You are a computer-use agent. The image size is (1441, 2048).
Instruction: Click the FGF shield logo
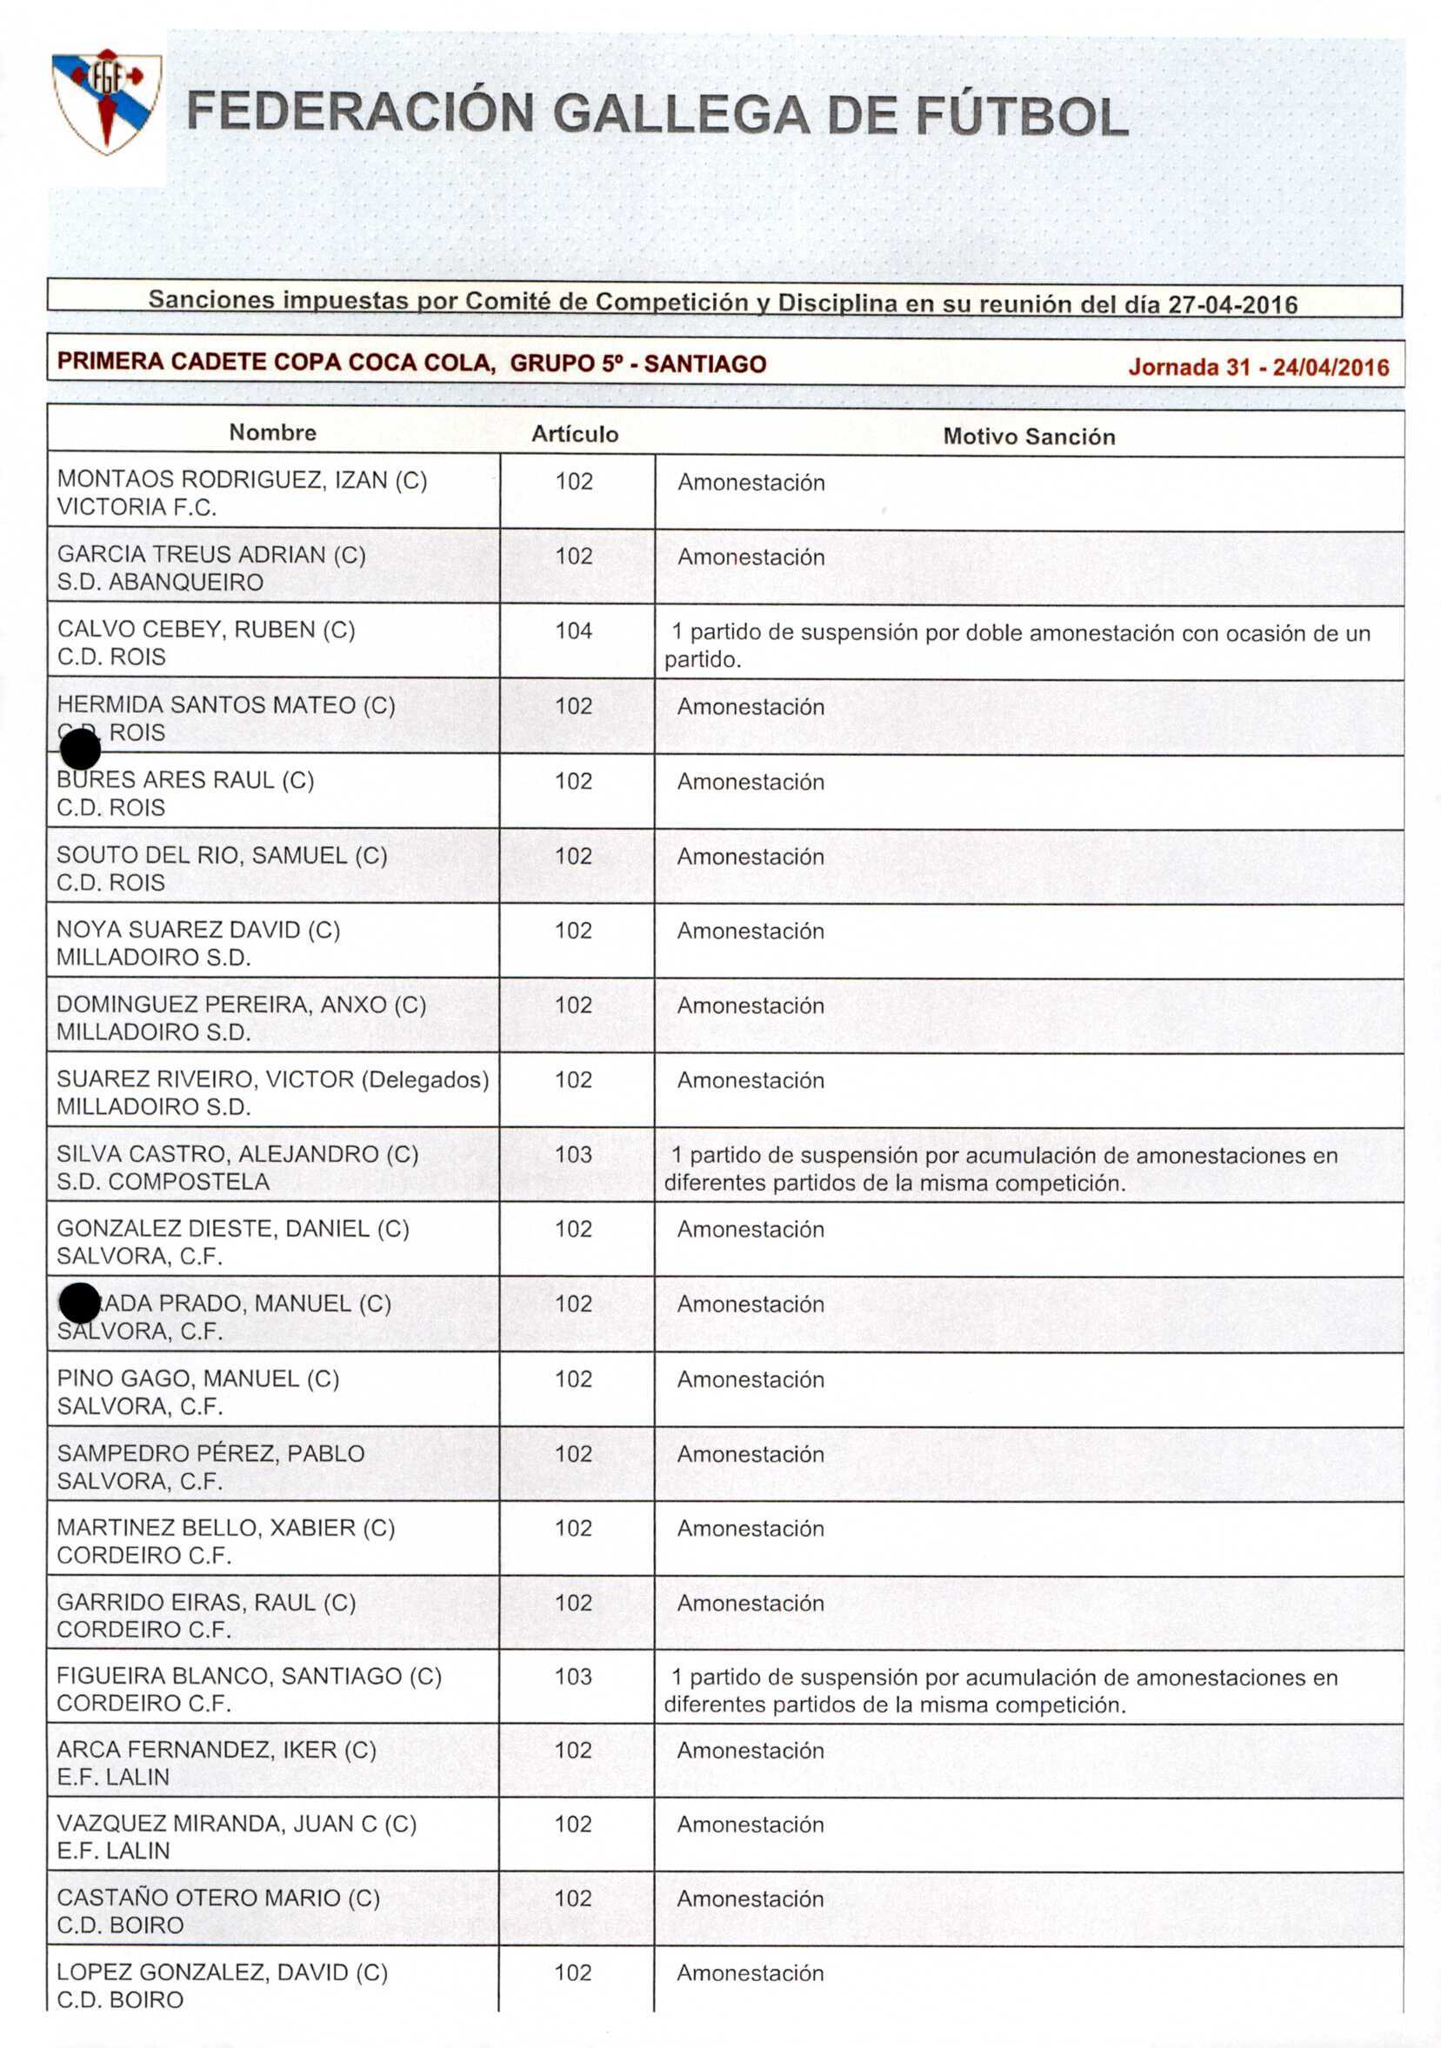pyautogui.click(x=106, y=101)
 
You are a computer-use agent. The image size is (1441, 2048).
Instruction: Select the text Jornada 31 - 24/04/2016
pyautogui.click(x=1258, y=367)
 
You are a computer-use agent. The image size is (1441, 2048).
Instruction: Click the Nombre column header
pyautogui.click(x=273, y=432)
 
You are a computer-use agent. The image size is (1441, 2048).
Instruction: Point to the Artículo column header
pyautogui.click(x=575, y=435)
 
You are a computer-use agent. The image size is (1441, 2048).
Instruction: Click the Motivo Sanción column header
pyautogui.click(x=1029, y=437)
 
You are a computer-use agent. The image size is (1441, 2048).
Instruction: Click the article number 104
pyautogui.click(x=574, y=630)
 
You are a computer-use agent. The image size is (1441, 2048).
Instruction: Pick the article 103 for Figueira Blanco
pyautogui.click(x=573, y=1676)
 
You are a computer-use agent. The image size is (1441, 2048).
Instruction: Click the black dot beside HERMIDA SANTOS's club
pyautogui.click(x=80, y=749)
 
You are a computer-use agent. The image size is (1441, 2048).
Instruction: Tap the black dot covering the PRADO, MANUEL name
pyautogui.click(x=79, y=1304)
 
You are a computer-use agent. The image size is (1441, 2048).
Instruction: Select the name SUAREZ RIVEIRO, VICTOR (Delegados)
pyautogui.click(x=272, y=1079)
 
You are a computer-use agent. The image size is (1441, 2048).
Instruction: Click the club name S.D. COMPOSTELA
pyautogui.click(x=163, y=1181)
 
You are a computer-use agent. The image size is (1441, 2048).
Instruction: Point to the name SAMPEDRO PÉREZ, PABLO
pyautogui.click(x=210, y=1453)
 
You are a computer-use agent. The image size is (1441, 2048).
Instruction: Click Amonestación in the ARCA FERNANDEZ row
pyautogui.click(x=750, y=1750)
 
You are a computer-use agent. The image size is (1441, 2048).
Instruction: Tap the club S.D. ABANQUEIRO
pyautogui.click(x=160, y=582)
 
